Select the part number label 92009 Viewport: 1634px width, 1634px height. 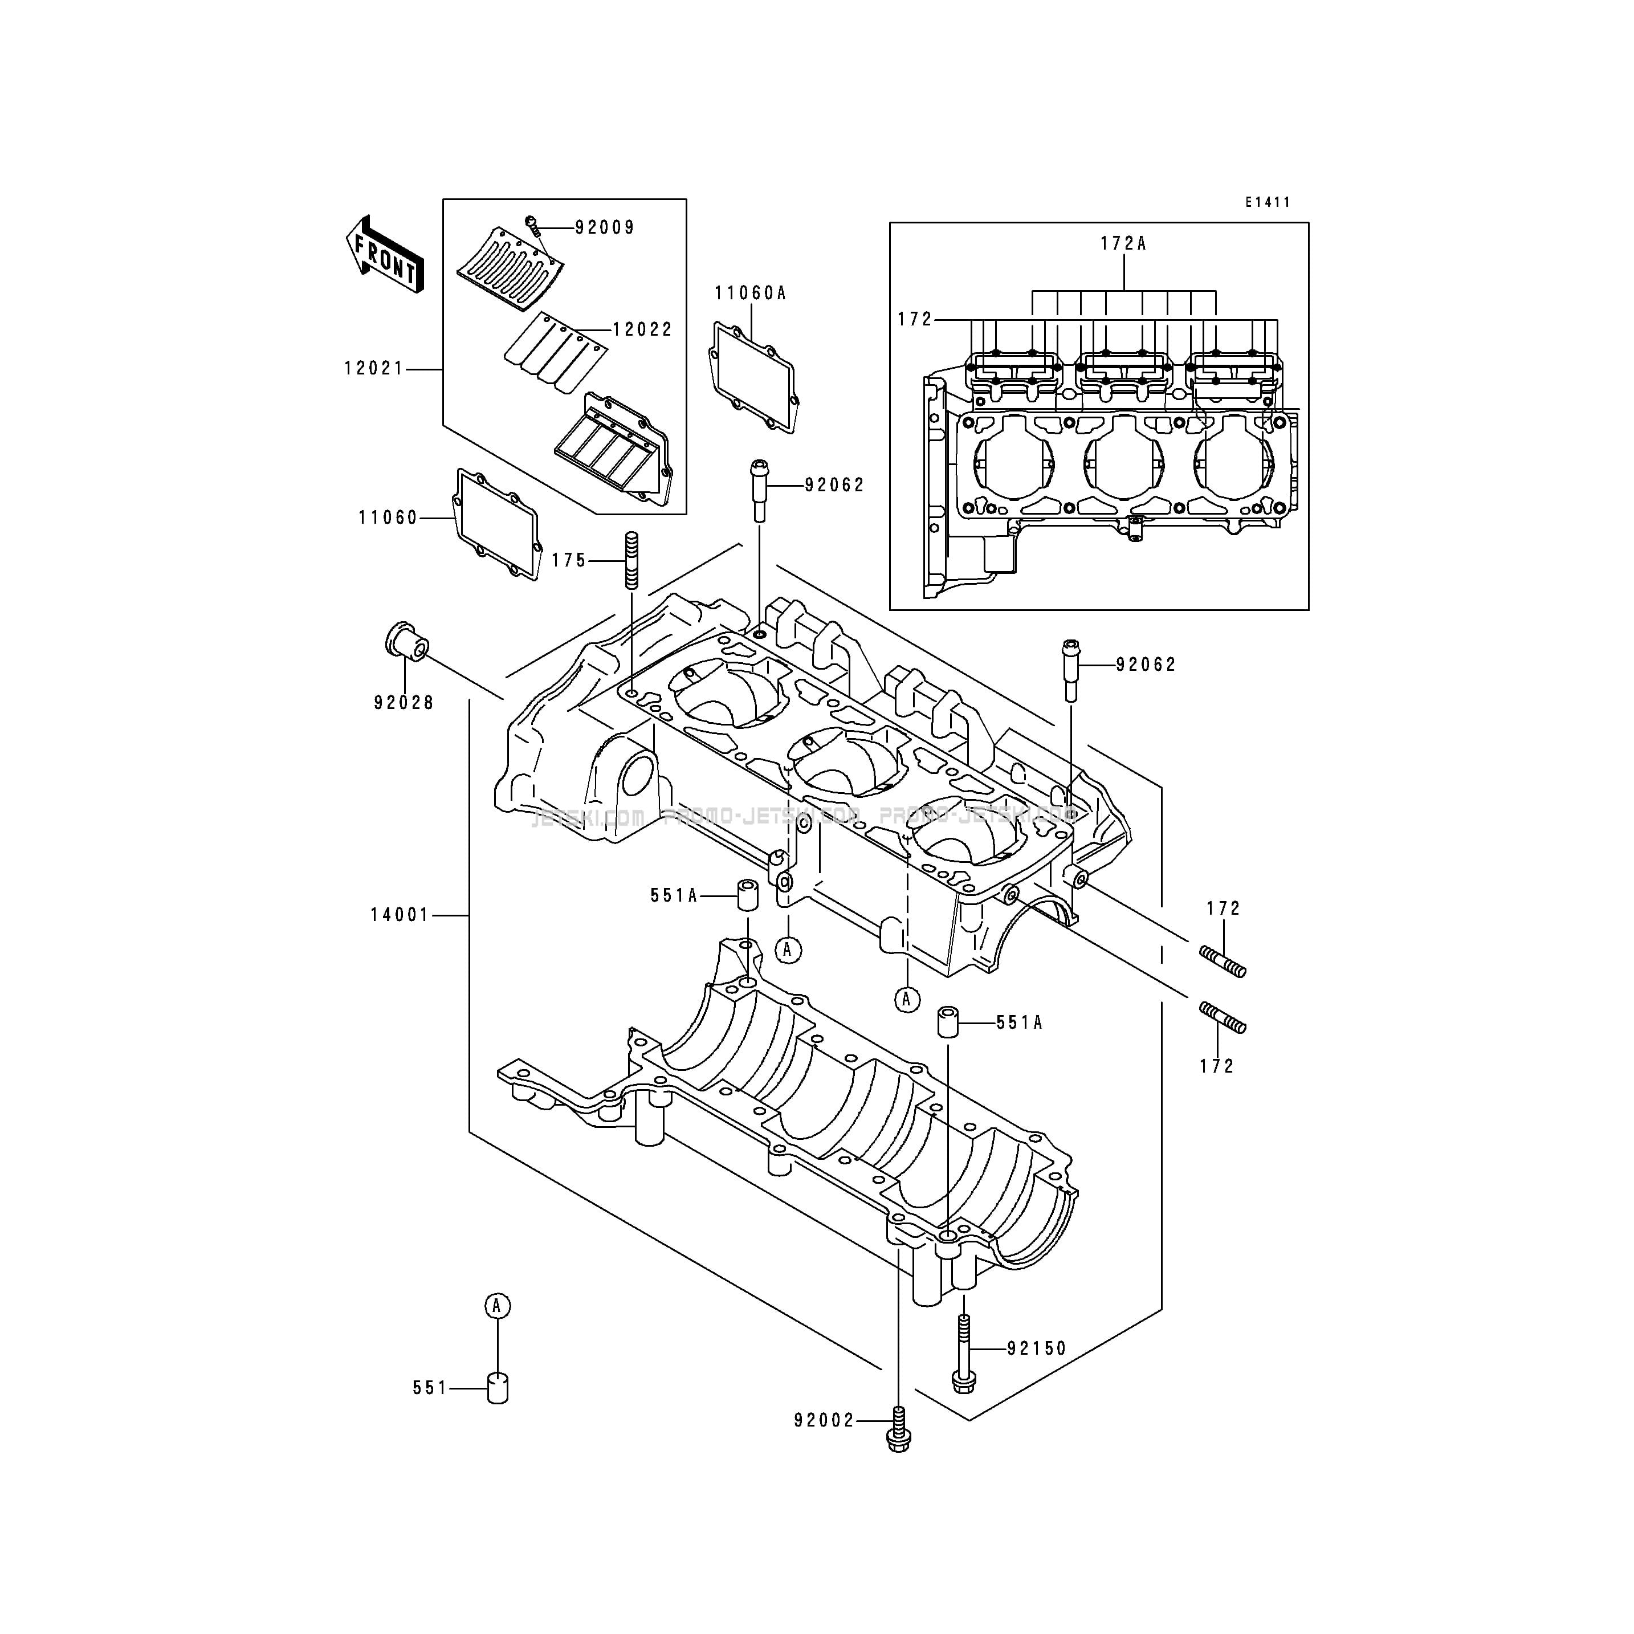(x=605, y=227)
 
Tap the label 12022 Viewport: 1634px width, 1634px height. (x=643, y=330)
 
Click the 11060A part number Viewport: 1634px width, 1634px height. (x=750, y=294)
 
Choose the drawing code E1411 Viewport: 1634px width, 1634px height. (x=1267, y=202)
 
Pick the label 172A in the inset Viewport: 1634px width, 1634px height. (x=1123, y=243)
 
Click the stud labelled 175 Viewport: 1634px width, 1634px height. (x=632, y=561)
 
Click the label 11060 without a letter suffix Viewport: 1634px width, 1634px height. (x=388, y=517)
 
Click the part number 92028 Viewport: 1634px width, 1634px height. (x=404, y=703)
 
